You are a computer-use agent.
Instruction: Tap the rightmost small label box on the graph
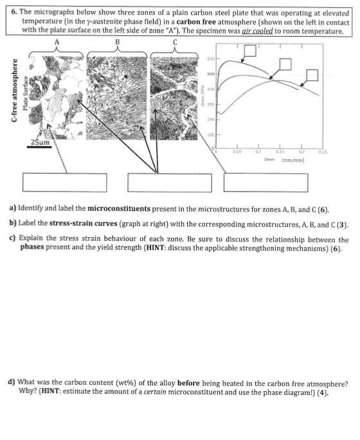(x=312, y=75)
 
